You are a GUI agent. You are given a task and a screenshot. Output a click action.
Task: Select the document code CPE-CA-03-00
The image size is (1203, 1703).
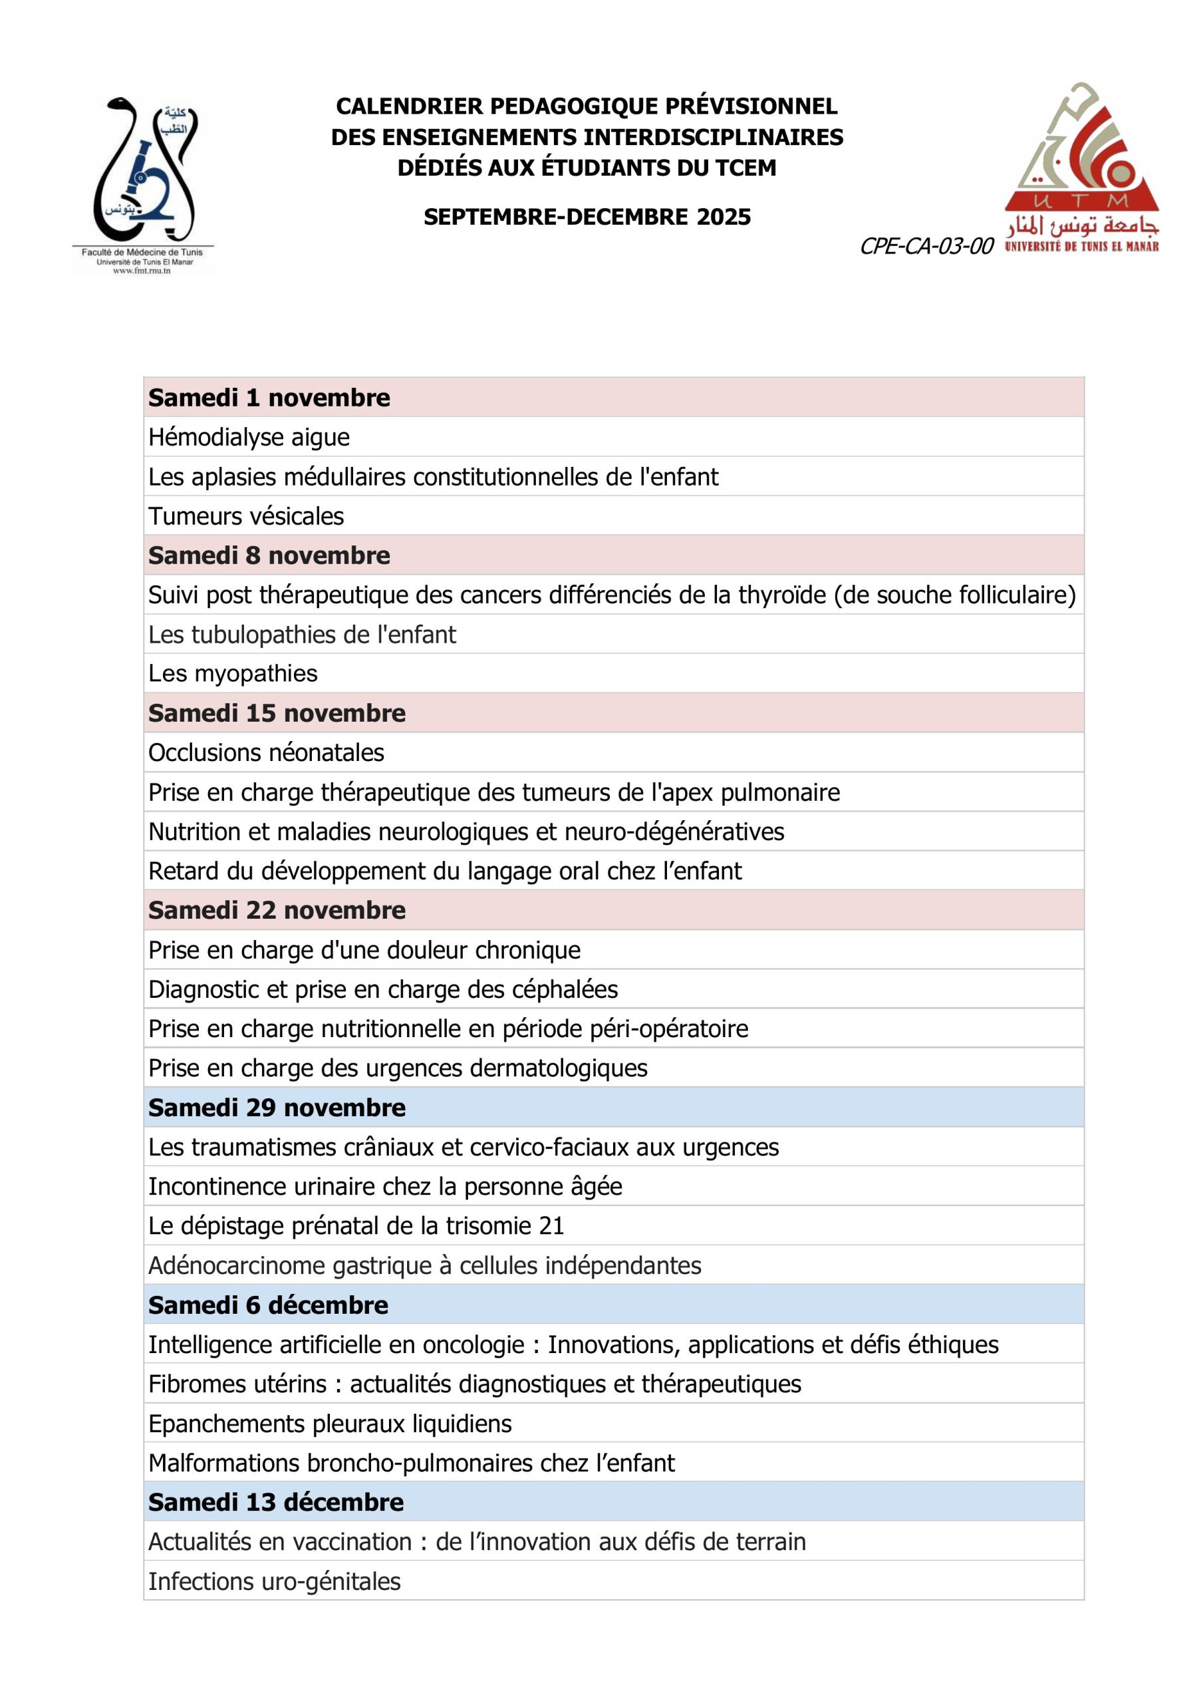[926, 246]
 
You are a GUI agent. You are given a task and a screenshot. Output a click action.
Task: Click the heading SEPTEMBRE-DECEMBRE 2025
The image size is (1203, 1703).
[587, 217]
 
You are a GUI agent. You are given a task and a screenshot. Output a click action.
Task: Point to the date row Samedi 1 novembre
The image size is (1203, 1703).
[269, 398]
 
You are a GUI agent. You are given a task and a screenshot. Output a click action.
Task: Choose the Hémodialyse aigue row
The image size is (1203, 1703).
[249, 437]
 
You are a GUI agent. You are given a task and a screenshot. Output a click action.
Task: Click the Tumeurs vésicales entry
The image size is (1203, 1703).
[246, 516]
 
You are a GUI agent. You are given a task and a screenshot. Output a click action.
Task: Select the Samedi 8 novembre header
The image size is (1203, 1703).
[269, 555]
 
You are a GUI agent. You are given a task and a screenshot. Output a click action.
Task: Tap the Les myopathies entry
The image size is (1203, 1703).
[233, 673]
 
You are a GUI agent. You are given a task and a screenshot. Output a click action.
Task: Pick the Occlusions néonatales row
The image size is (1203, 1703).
[266, 752]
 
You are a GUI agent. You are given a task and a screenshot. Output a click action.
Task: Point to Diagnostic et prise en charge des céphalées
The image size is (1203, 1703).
[382, 989]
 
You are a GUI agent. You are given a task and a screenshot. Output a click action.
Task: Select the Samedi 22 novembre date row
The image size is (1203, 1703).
[277, 910]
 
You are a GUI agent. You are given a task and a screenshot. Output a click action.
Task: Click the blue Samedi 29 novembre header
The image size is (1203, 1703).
[277, 1108]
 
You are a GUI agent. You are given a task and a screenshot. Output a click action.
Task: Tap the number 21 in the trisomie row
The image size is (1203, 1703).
[551, 1225]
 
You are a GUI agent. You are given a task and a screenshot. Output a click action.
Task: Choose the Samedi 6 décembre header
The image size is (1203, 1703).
[268, 1305]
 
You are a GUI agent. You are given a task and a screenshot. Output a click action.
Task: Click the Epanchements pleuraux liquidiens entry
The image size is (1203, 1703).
[330, 1424]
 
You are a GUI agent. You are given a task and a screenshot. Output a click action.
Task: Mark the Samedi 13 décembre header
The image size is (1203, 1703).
[276, 1502]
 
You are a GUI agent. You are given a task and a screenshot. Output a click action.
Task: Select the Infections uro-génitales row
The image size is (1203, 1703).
[275, 1581]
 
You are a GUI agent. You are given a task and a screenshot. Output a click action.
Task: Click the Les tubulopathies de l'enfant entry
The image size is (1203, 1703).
[302, 634]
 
